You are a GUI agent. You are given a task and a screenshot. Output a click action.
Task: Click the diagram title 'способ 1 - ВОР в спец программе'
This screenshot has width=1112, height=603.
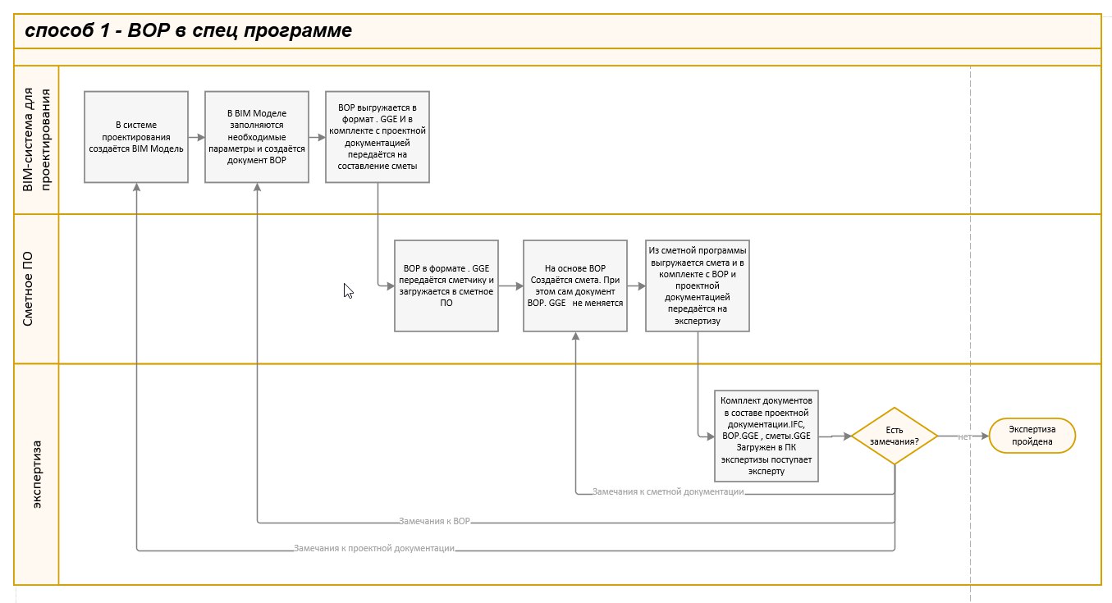pos(188,30)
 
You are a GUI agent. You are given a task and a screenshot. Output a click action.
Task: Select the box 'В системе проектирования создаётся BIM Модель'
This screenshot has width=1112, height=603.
pos(136,137)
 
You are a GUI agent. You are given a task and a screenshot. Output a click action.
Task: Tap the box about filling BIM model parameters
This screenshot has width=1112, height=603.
pos(257,137)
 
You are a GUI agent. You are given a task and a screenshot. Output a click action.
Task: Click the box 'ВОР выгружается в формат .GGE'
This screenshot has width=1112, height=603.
pos(378,137)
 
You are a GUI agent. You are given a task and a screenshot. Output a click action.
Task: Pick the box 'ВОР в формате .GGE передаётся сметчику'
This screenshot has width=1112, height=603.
pos(446,286)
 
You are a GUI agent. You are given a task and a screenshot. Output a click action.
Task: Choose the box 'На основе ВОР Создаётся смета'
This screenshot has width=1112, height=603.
pos(574,286)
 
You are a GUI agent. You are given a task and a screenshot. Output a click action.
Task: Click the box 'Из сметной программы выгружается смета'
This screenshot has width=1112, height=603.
pos(698,286)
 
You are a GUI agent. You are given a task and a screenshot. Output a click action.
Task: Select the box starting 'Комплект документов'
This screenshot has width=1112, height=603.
pos(766,436)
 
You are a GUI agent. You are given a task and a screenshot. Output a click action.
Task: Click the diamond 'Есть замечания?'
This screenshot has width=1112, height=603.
pos(894,436)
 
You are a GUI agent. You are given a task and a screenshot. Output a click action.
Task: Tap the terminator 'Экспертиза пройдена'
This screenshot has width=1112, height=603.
pos(1032,436)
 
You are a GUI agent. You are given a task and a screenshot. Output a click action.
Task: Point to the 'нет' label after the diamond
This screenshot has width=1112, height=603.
pos(964,436)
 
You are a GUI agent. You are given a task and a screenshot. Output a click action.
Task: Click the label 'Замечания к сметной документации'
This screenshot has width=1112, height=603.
pos(668,491)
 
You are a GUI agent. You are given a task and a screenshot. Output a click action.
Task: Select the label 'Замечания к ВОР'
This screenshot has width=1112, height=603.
pos(434,521)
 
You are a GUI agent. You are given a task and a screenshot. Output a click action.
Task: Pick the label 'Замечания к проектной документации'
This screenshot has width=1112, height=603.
pos(373,548)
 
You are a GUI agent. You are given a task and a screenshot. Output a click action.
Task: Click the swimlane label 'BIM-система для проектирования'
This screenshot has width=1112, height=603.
pos(36,140)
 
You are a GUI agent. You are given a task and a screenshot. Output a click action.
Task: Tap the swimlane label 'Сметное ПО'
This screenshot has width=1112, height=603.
pos(28,289)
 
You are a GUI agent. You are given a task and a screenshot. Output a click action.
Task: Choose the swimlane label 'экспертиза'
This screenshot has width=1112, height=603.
pos(37,474)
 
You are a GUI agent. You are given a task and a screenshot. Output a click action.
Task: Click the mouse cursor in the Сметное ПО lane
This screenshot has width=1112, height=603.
pos(348,290)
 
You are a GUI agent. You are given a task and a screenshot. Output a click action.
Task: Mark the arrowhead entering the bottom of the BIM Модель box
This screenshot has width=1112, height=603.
pos(136,187)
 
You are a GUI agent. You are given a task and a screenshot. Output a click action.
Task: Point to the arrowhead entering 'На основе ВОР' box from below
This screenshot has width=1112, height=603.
pos(575,336)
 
